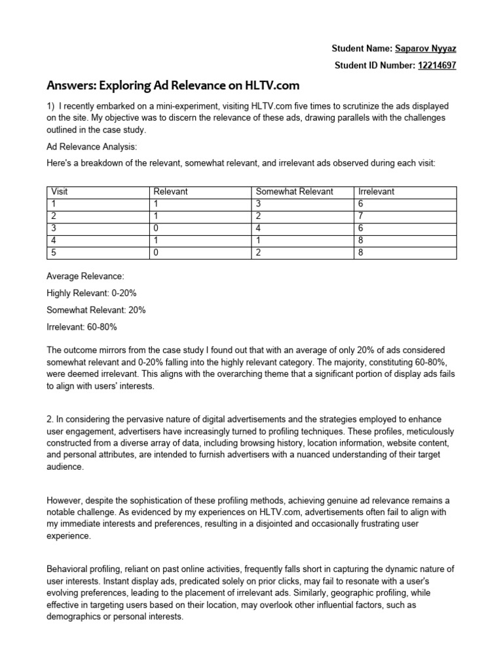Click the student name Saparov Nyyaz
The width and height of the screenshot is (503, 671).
[426, 48]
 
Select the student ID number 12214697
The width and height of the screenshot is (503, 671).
[437, 65]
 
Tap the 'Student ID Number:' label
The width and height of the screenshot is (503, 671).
[375, 65]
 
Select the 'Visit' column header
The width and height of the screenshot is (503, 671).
[60, 191]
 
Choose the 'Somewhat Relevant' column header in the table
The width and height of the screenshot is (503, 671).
[294, 191]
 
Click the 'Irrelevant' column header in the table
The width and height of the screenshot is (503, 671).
[376, 191]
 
